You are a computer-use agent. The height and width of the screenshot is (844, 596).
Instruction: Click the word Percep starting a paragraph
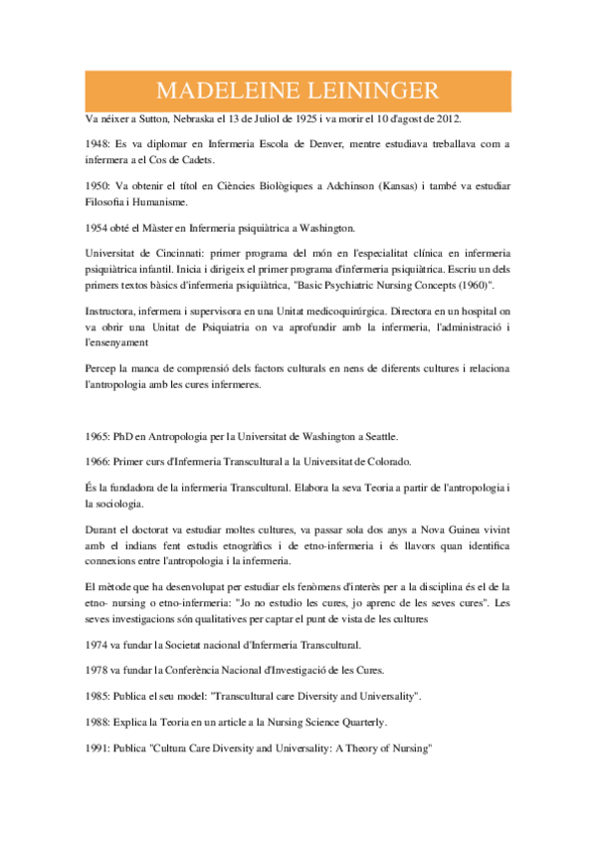click(101, 368)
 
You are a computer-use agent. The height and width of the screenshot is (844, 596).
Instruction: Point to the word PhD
click(131, 436)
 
